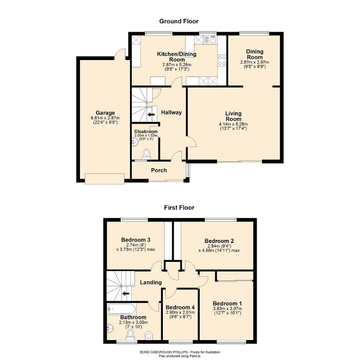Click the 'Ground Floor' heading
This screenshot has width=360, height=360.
point(179,22)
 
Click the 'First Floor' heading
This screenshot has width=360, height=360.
point(179,207)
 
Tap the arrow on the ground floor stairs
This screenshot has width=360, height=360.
point(151,113)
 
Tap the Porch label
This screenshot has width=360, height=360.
point(159,170)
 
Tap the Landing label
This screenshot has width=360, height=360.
point(151,283)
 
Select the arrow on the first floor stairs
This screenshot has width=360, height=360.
point(125,294)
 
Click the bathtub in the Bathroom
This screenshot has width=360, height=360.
point(121,309)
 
